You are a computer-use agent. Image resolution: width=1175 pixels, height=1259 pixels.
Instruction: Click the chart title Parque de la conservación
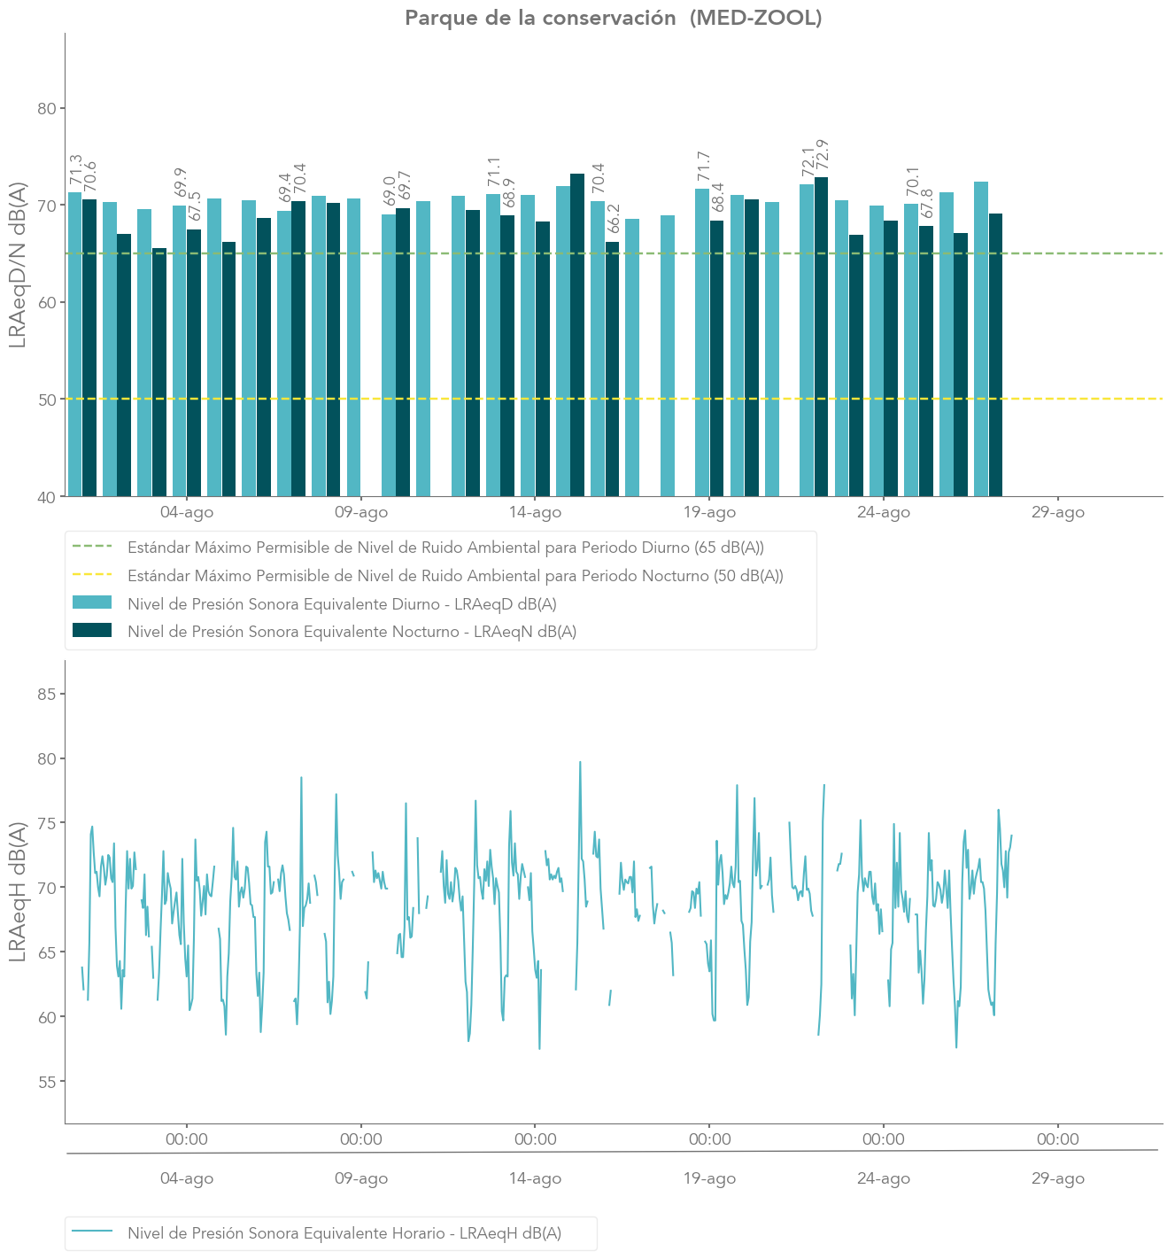(613, 18)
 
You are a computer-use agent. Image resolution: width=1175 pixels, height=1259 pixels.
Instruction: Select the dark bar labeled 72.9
(822, 337)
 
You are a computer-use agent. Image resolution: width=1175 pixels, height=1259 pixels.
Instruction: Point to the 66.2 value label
(613, 218)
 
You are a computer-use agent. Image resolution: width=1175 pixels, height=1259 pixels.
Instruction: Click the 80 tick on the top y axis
(45, 109)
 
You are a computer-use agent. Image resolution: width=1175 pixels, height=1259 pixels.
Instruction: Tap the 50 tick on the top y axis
(45, 400)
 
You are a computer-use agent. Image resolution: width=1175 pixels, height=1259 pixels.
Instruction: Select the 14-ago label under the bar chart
(535, 513)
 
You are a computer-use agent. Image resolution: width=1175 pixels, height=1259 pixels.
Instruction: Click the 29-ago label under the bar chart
(1057, 513)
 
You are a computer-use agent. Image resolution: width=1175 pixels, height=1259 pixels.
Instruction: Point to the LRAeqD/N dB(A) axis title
(18, 265)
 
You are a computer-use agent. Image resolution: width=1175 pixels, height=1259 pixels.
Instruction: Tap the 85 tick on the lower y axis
(45, 694)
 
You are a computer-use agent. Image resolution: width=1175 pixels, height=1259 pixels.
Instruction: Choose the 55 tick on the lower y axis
(45, 1082)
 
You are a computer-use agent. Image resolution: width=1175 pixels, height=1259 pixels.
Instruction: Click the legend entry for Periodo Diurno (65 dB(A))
(445, 548)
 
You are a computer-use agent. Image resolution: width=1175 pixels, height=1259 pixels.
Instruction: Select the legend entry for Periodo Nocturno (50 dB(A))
(455, 576)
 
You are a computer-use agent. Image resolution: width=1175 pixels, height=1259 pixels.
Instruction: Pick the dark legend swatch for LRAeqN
(92, 631)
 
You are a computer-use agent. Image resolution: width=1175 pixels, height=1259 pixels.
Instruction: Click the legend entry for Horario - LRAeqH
(344, 1233)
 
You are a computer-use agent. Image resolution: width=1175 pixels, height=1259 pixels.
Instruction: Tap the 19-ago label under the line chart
(709, 1179)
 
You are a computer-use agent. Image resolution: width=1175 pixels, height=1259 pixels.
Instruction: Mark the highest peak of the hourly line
(580, 762)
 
